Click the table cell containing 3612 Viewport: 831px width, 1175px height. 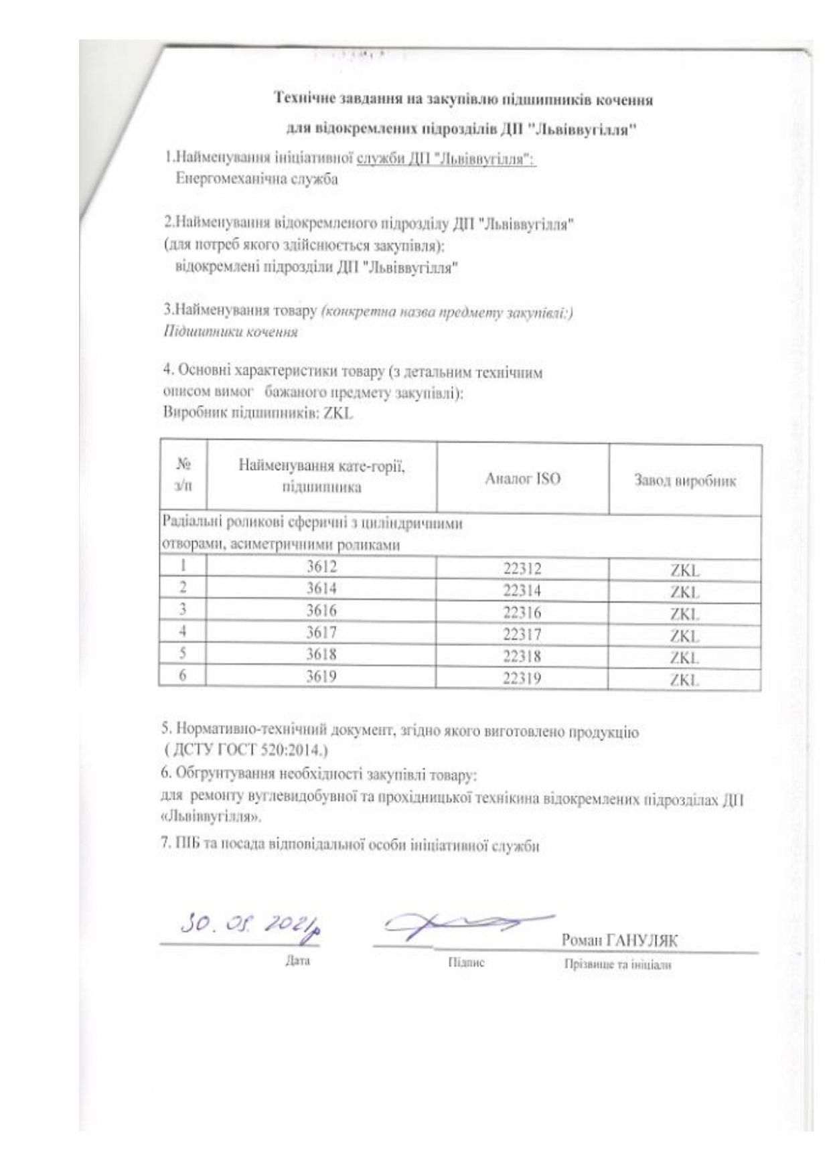321,567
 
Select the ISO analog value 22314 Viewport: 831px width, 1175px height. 522,591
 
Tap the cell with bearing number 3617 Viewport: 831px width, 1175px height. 321,632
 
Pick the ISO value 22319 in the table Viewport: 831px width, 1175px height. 522,678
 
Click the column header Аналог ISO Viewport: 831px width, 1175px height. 522,479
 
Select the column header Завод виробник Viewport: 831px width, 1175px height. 684,481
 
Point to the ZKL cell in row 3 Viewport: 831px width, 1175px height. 684,614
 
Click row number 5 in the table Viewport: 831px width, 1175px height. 182,653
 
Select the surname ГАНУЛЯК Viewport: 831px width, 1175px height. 641,941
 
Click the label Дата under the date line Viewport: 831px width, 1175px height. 297,961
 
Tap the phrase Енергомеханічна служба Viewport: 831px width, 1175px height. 256,179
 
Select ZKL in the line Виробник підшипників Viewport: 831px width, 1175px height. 337,413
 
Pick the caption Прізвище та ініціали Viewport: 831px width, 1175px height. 617,965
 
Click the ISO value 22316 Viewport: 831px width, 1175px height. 522,613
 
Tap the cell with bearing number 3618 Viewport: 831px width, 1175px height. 321,654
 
